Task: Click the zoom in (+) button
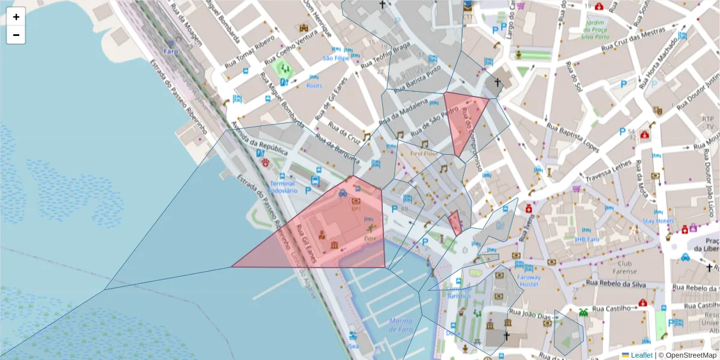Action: (x=16, y=17)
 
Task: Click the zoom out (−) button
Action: (x=16, y=35)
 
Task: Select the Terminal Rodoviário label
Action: (x=281, y=187)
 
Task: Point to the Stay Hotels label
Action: (x=658, y=221)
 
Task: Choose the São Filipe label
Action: (x=335, y=58)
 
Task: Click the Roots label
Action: (x=314, y=86)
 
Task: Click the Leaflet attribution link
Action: (x=641, y=355)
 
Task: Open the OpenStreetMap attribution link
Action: (x=688, y=355)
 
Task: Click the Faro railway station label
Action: (x=170, y=51)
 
